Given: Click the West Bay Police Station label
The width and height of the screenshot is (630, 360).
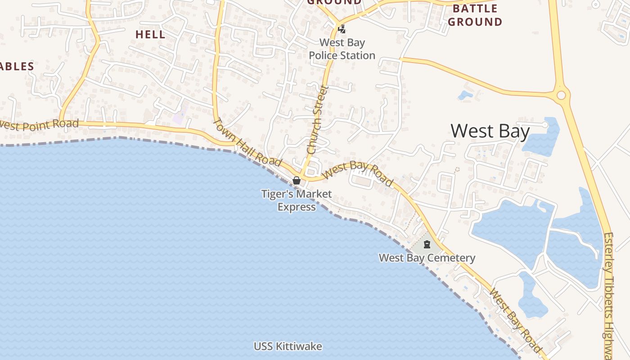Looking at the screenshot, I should click(342, 49).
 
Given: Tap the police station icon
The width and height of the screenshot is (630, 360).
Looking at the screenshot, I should click(342, 29).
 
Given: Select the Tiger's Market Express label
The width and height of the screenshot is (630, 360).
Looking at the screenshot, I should click(297, 201).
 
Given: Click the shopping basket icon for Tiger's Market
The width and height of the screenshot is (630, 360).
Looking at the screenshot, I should click(297, 180).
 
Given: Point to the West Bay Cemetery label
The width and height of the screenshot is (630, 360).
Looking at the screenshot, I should click(427, 258).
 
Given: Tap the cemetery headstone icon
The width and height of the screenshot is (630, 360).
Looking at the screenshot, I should click(427, 244).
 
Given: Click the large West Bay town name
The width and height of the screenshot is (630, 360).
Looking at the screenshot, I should click(490, 131).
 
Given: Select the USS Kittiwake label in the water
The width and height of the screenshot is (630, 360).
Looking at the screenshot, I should click(288, 346).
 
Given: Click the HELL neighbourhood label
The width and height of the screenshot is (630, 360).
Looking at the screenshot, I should click(150, 34).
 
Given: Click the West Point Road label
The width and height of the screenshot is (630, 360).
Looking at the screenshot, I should click(40, 125).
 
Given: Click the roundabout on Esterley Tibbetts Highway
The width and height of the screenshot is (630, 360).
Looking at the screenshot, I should click(561, 95).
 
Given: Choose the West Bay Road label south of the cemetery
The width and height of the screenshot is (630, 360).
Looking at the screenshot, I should click(515, 320).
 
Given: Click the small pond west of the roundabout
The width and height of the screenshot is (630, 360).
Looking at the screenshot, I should click(465, 95).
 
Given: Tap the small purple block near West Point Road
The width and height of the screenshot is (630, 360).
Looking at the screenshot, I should click(179, 117).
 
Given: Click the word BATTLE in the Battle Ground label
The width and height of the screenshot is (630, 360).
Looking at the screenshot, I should click(475, 9).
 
